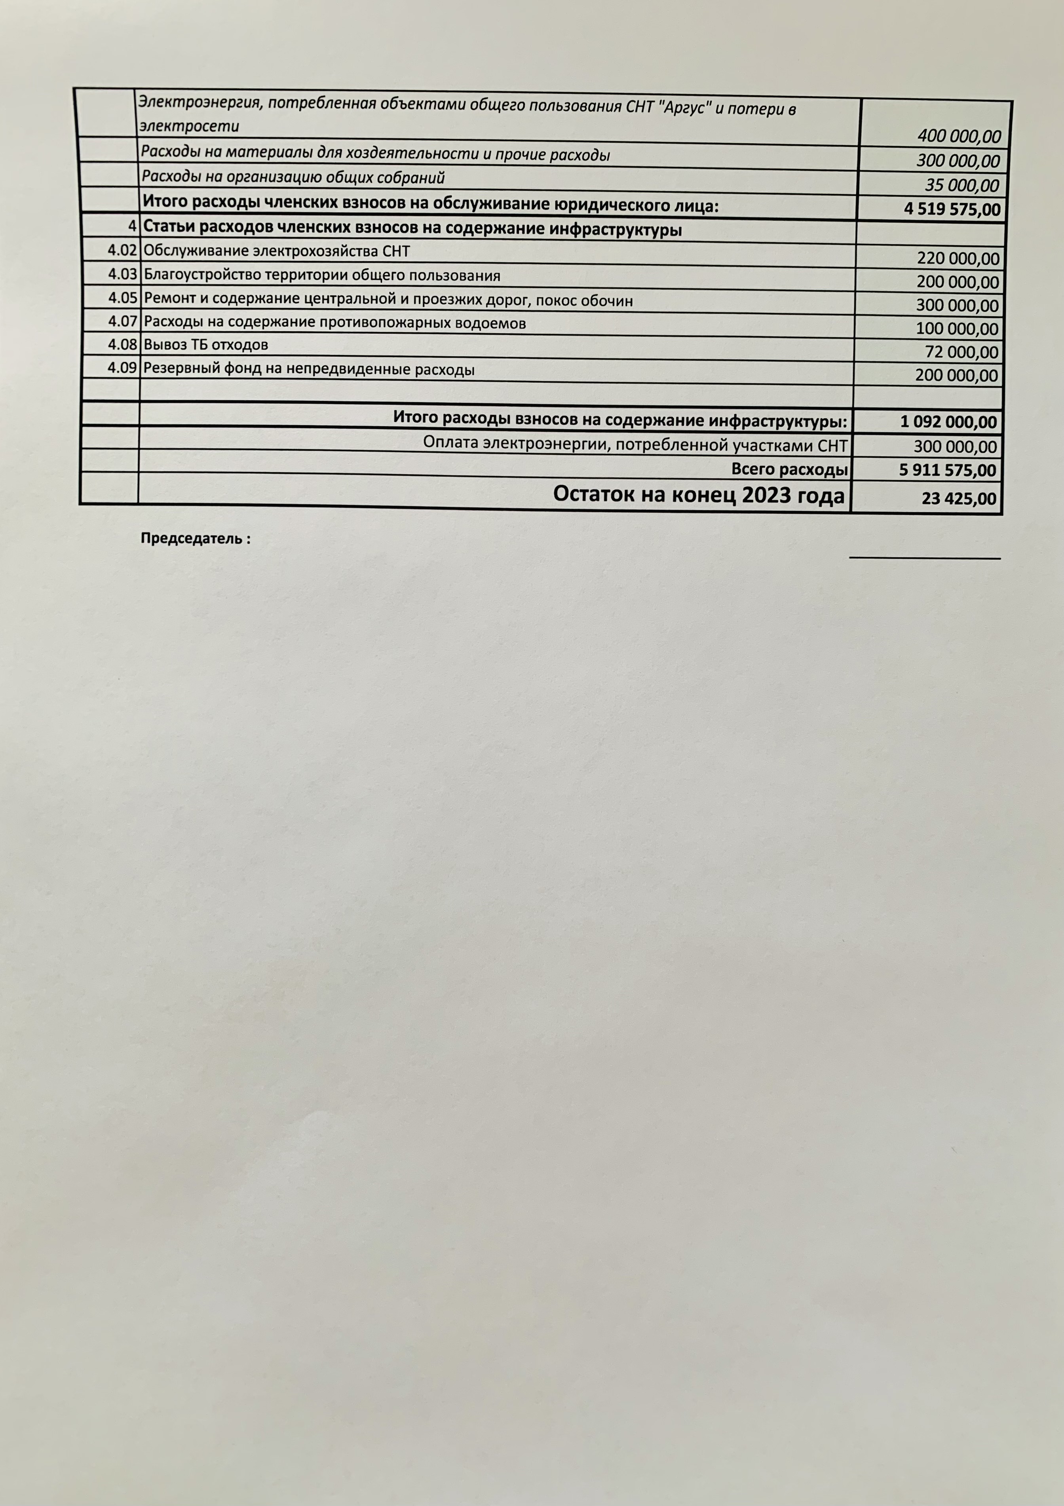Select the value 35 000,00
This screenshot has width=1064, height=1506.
(961, 185)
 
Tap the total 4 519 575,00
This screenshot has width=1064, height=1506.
(952, 209)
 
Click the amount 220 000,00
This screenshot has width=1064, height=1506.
(958, 258)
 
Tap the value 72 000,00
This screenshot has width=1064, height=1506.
(961, 352)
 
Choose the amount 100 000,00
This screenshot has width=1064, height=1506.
(958, 329)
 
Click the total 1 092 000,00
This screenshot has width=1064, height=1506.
(948, 422)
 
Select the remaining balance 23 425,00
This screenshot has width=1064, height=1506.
(958, 498)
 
